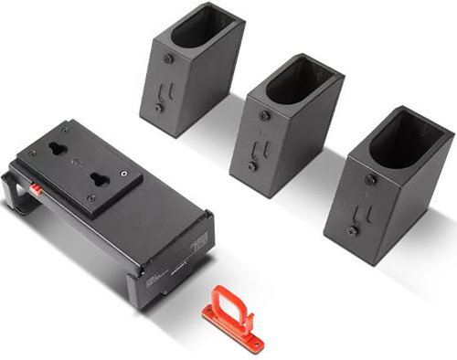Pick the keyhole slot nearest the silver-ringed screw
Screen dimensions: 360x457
click(98, 178)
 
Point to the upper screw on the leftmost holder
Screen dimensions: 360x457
click(167, 58)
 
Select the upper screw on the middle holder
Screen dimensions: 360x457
click(264, 116)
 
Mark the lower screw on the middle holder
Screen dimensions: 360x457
click(252, 166)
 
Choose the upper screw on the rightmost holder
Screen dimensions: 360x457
click(369, 179)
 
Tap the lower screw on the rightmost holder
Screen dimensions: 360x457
click(352, 230)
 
